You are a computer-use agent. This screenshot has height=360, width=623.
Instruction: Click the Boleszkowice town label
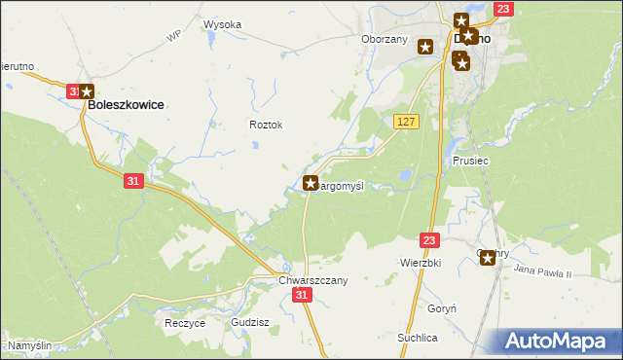126,104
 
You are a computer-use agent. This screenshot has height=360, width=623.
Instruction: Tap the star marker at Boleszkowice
87,90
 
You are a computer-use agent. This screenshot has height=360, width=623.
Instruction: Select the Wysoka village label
222,24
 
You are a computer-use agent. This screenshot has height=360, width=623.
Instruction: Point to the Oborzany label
384,40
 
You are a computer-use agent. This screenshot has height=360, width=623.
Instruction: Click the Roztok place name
266,125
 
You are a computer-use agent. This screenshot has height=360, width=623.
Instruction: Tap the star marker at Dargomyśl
311,182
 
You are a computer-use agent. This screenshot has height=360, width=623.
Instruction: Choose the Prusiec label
470,161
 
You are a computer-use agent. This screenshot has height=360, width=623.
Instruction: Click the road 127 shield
407,121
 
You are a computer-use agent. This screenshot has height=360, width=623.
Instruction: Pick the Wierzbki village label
421,263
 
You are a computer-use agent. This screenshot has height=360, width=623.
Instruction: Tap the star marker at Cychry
488,258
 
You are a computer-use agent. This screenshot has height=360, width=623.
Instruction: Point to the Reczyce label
184,323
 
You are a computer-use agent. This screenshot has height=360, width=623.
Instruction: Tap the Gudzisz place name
250,321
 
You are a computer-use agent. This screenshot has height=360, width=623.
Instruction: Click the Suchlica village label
417,338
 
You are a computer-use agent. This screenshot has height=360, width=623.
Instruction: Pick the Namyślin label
30,345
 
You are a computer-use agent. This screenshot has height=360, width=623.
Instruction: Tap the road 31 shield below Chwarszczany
304,295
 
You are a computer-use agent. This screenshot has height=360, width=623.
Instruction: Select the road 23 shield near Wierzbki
431,239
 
